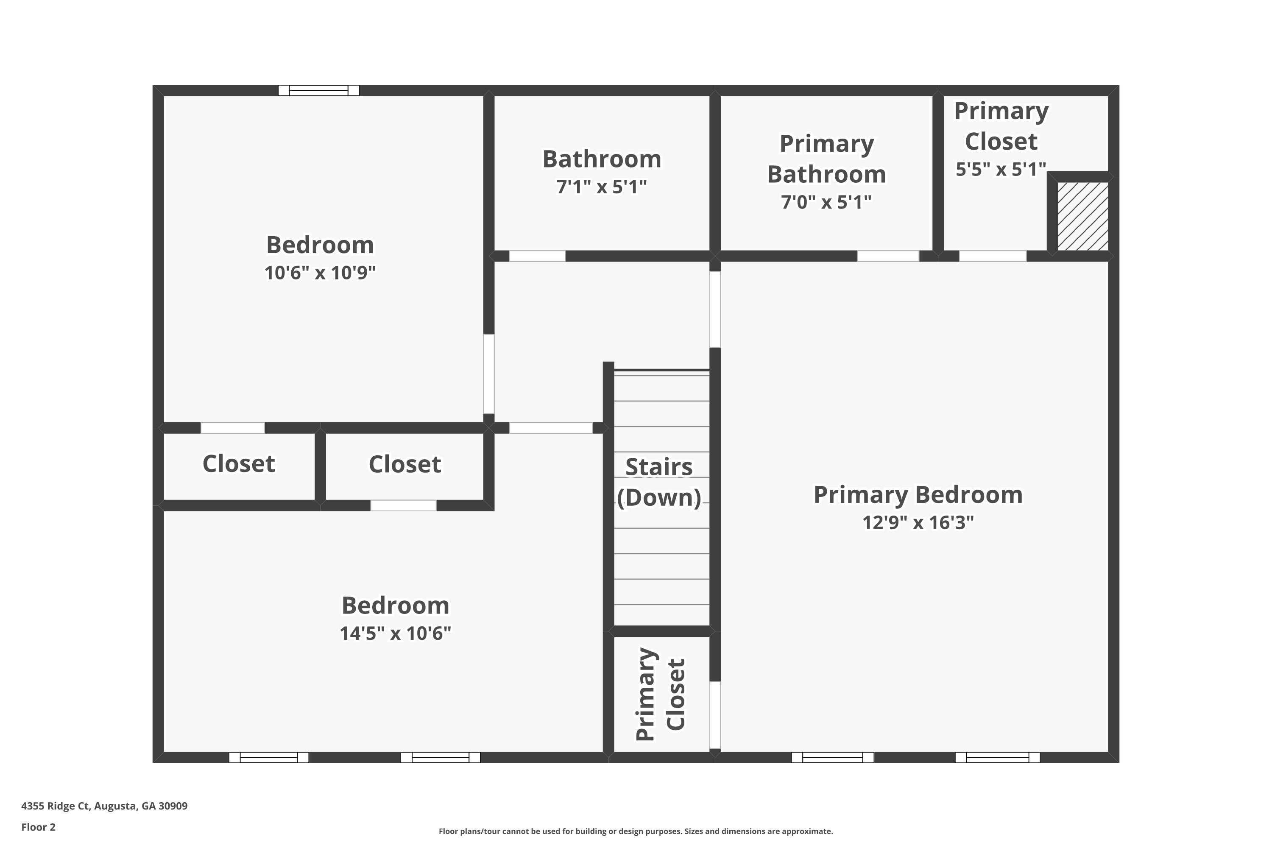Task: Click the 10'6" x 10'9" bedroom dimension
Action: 320,273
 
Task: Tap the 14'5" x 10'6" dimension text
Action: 395,633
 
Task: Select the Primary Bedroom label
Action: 918,495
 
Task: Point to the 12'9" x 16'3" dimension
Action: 918,522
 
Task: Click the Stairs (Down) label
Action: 659,482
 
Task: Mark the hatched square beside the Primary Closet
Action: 1083,216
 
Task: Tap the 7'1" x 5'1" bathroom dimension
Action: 601,187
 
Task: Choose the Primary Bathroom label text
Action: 826,159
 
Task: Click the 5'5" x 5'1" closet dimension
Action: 1001,169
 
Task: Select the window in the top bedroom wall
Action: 318,90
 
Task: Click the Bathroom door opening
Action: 537,256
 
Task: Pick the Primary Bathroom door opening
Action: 888,256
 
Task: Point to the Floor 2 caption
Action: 39,827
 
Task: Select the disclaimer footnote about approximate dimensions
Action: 636,831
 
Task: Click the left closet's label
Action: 238,463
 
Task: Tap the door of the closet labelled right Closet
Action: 404,506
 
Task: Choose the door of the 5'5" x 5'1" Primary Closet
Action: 993,256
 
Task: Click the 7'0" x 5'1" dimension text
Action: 826,202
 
